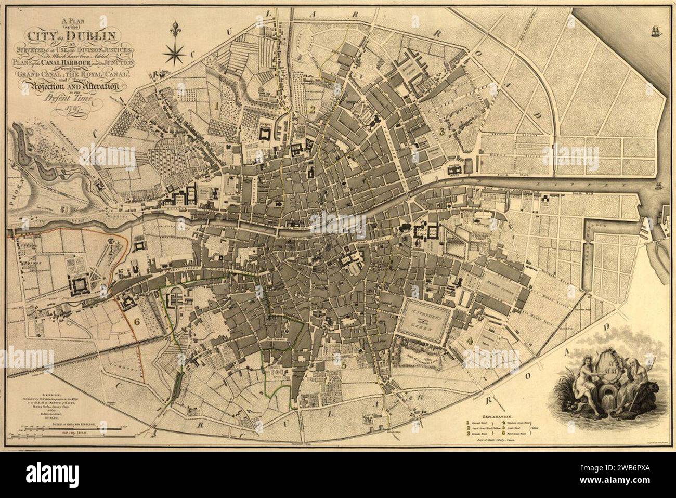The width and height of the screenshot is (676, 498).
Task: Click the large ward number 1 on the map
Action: tap(215, 106)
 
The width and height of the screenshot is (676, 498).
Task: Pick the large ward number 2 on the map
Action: tap(313, 109)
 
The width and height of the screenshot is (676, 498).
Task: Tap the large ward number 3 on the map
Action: tap(441, 131)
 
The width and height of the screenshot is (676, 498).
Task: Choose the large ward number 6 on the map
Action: tap(137, 321)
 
